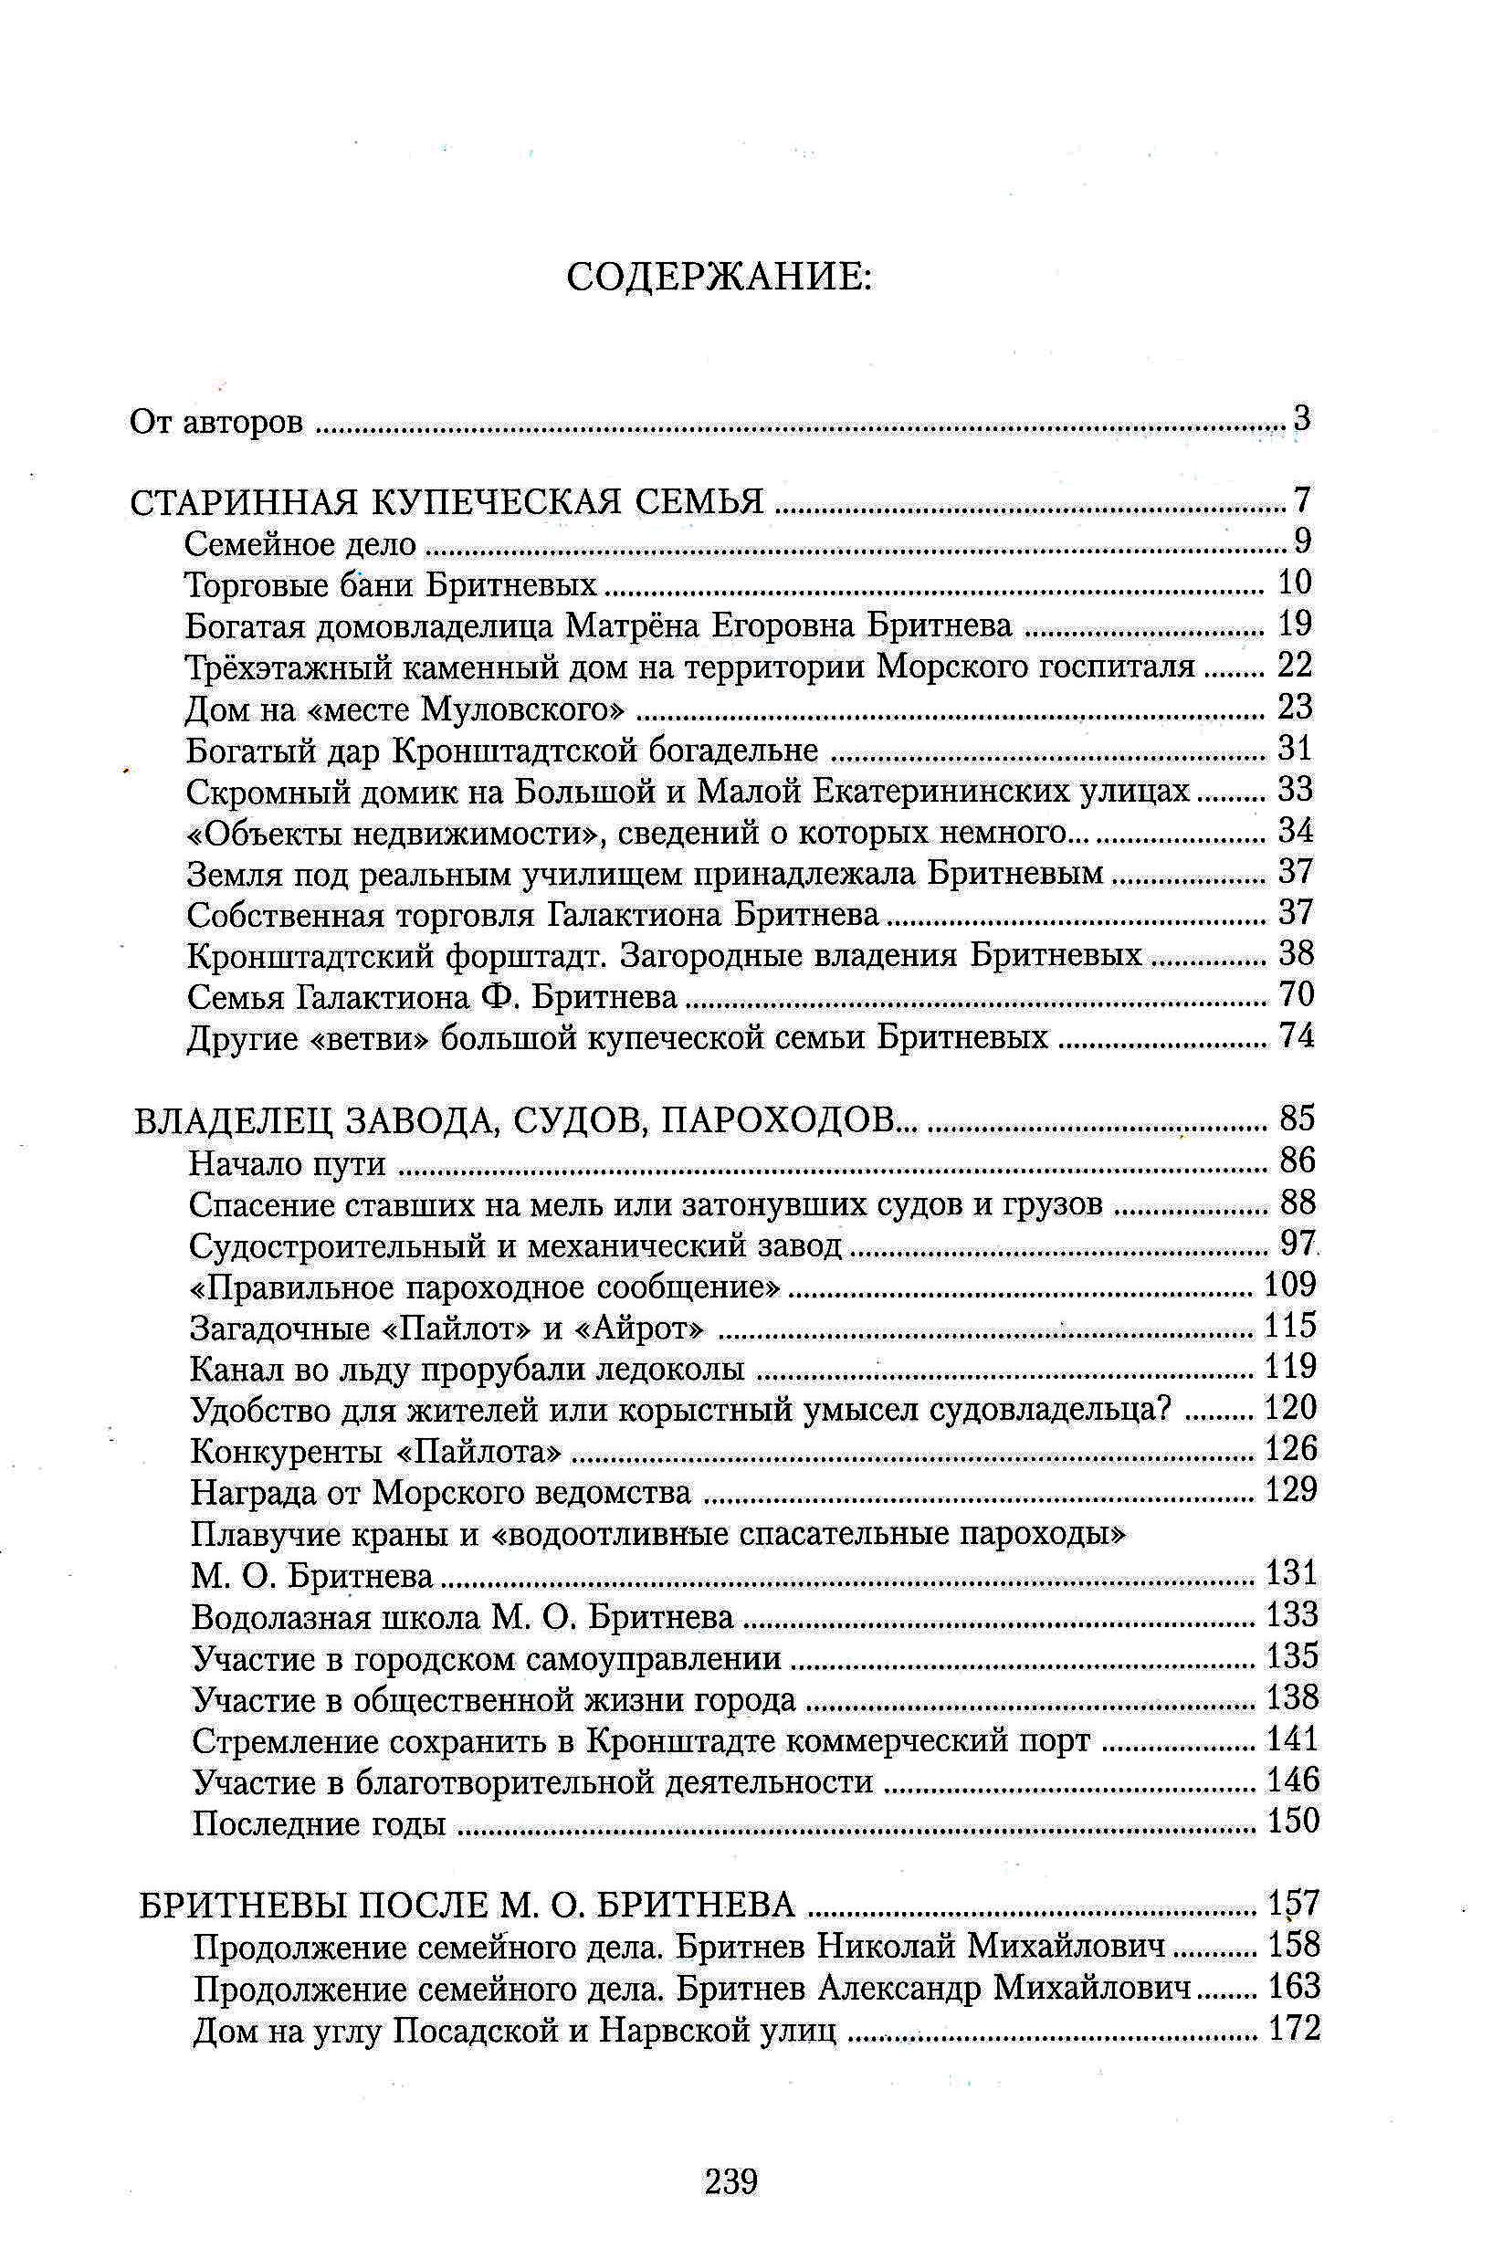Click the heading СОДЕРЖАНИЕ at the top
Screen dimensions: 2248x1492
[719, 277]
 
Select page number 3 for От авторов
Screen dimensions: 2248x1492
[1302, 417]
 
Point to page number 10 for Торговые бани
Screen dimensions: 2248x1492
[1294, 583]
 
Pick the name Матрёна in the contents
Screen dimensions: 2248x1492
[633, 625]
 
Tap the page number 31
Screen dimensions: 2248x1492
[1295, 749]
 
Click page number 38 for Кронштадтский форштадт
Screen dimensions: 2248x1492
[1295, 953]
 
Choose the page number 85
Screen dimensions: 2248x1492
[1297, 1118]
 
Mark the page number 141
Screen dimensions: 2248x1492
[1292, 1739]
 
